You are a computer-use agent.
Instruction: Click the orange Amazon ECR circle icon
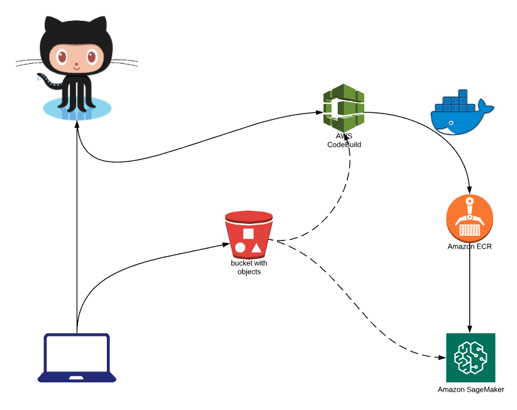point(470,218)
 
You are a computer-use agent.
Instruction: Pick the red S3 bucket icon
point(249,234)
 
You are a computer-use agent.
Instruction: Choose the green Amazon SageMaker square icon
point(470,358)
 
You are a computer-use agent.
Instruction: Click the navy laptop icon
point(77,358)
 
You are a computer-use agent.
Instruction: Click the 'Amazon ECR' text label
point(470,247)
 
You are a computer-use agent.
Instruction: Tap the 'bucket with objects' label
point(249,268)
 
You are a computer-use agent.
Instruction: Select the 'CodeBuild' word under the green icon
point(344,145)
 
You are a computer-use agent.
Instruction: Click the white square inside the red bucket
point(249,233)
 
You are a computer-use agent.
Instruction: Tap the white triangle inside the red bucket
point(256,249)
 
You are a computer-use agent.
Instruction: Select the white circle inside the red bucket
point(241,249)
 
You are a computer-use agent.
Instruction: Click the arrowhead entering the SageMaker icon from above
point(470,329)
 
